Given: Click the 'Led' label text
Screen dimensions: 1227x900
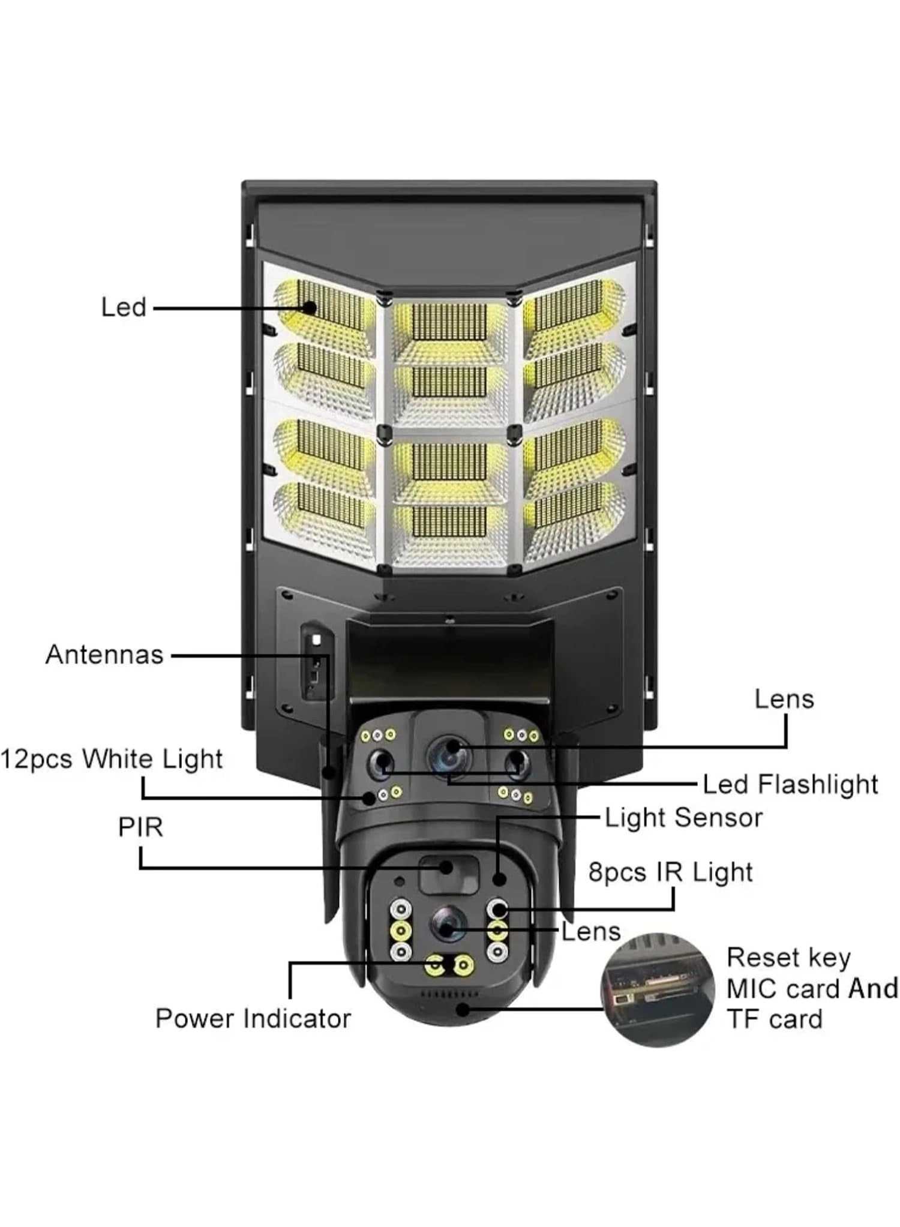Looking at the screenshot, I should click(124, 307).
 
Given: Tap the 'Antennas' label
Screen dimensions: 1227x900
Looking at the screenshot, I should click(104, 655).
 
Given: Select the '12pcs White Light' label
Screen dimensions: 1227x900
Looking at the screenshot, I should click(112, 759).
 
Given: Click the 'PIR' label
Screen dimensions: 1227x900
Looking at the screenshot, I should click(140, 827).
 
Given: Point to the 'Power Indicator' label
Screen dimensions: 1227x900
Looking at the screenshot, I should click(253, 1018).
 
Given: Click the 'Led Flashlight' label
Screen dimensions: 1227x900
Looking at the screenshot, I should click(790, 784).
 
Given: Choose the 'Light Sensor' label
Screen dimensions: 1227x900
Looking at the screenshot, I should click(683, 818).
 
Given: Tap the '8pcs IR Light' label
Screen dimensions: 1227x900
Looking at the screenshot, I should click(670, 872).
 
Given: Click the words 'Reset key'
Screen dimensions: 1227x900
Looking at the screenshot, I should click(788, 958).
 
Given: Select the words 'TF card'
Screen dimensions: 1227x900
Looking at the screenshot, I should click(774, 1019).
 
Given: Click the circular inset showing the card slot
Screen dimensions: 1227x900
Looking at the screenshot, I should click(658, 989).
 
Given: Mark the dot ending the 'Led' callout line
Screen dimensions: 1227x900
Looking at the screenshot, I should click(310, 308).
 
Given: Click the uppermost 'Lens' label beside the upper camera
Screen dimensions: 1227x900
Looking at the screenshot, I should click(784, 700).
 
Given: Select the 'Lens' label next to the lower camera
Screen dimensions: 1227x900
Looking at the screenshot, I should click(590, 932).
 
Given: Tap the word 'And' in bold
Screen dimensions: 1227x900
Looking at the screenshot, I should click(873, 988).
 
